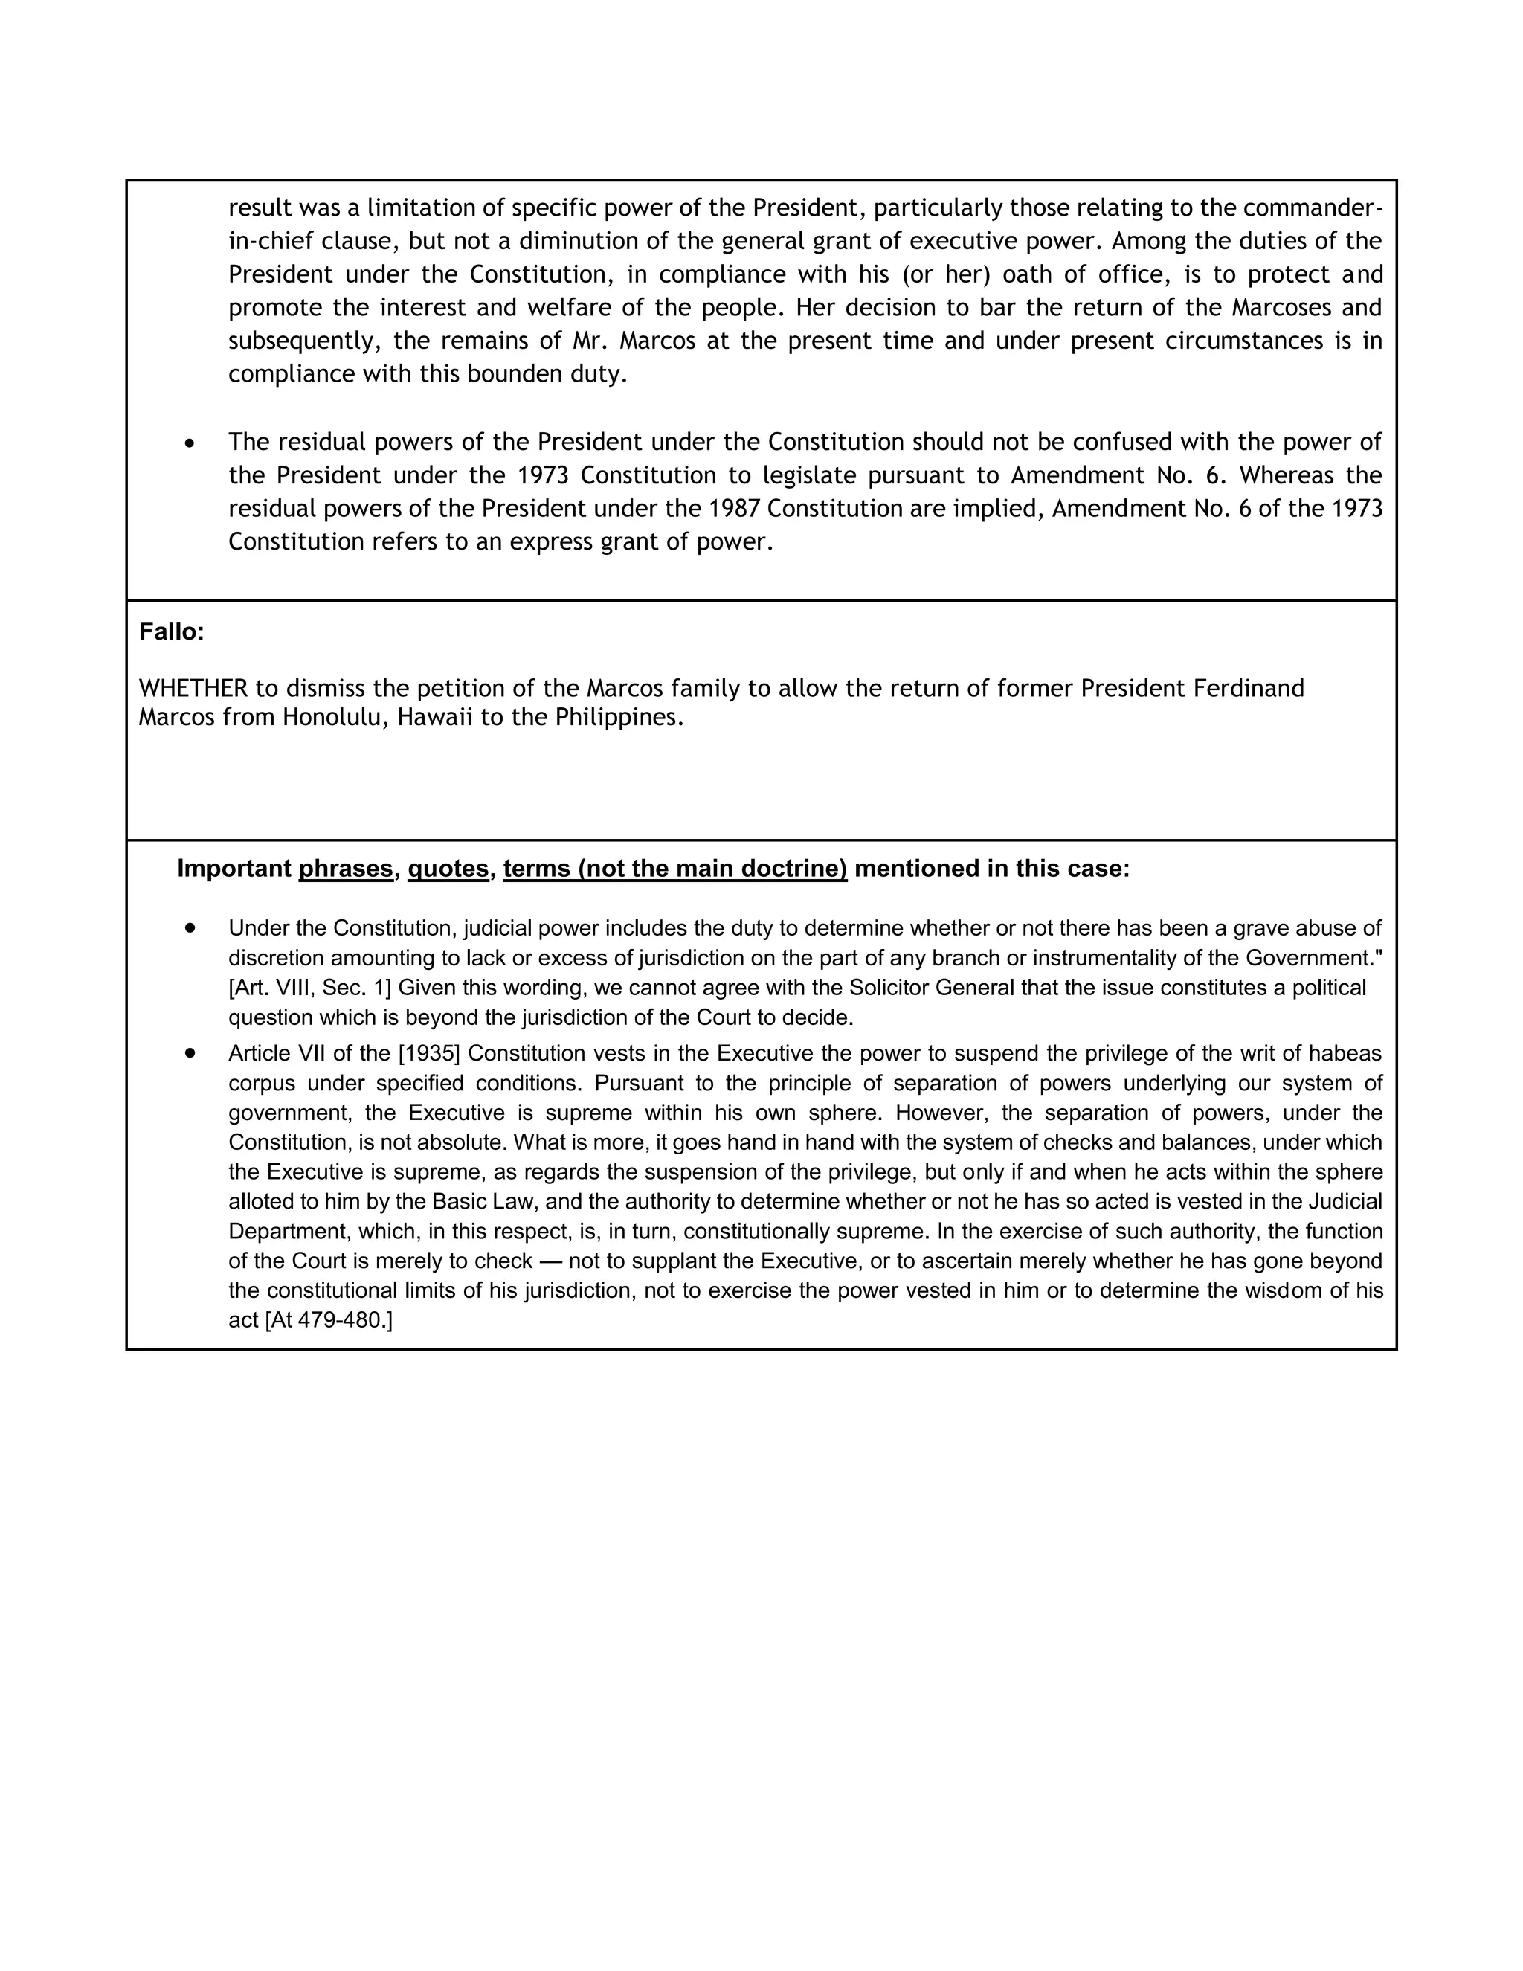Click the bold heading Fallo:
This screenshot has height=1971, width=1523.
coord(172,631)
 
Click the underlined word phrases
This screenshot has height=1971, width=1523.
coord(346,868)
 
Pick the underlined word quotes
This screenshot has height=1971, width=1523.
coord(448,868)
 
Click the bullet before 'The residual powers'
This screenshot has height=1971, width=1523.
coord(190,443)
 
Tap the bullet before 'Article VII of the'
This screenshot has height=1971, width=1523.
coord(190,1052)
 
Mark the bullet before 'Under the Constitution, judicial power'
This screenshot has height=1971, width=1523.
coord(190,927)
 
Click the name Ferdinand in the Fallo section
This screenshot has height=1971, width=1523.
coord(1249,689)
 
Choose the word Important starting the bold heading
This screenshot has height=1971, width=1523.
coord(234,868)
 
